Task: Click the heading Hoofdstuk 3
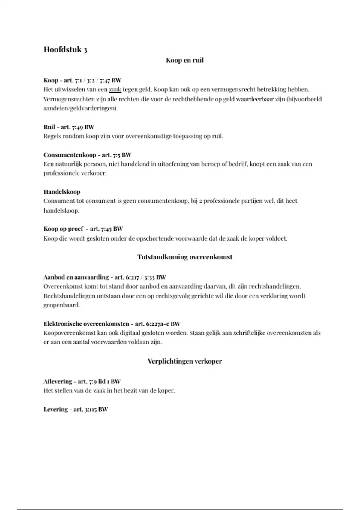click(x=65, y=49)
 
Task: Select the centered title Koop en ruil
click(x=185, y=60)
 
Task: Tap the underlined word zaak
click(x=115, y=89)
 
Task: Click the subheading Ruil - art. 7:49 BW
click(x=69, y=127)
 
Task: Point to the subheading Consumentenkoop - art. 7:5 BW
click(x=87, y=155)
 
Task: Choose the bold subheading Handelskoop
click(x=62, y=192)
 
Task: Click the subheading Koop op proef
click(x=63, y=229)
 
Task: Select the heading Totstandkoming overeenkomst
click(x=185, y=257)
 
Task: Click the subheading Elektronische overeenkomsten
click(x=86, y=324)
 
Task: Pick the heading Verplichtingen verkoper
click(x=185, y=361)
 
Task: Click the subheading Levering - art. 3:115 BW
click(x=76, y=409)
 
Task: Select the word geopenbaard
click(x=62, y=305)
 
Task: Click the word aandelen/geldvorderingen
click(x=80, y=108)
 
